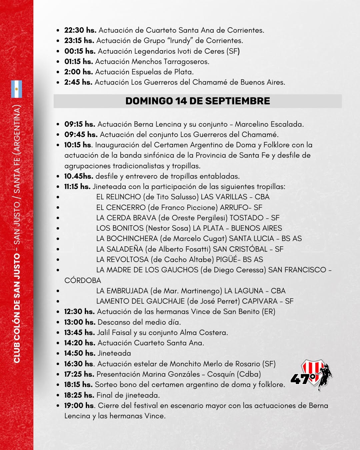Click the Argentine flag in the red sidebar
pyautogui.click(x=17, y=89)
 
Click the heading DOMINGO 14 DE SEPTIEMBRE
pyautogui.click(x=198, y=101)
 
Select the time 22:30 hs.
pyautogui.click(x=80, y=30)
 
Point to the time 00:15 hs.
pyautogui.click(x=80, y=51)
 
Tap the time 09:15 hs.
pyautogui.click(x=80, y=124)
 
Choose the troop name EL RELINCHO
pyautogui.click(x=118, y=197)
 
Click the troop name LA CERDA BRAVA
pyautogui.click(x=126, y=218)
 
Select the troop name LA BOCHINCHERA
pyautogui.click(x=127, y=238)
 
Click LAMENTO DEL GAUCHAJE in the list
pyautogui.click(x=140, y=301)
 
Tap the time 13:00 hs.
pyautogui.click(x=80, y=322)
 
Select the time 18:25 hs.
pyautogui.click(x=79, y=395)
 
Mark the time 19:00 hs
pyautogui.click(x=79, y=405)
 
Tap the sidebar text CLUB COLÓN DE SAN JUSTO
pyautogui.click(x=17, y=308)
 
